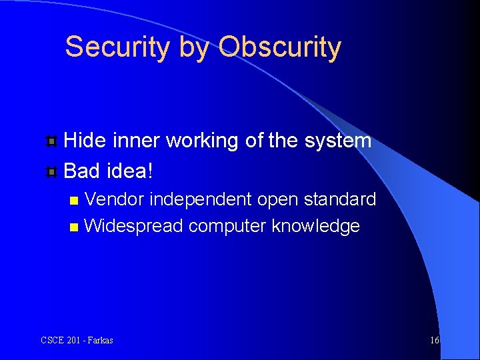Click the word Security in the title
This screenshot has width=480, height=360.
[117, 47]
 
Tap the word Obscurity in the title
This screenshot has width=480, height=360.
[279, 47]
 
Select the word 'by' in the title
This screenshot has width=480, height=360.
[194, 49]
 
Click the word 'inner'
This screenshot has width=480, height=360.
[137, 141]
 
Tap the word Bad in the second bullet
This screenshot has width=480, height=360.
[82, 171]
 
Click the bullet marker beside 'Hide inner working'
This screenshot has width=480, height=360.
[51, 141]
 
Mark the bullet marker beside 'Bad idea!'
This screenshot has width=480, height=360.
[51, 172]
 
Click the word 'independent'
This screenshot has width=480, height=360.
[199, 199]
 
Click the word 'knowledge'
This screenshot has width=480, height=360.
[315, 226]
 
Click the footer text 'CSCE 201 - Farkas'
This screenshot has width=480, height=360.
[77, 340]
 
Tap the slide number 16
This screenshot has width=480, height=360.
[435, 340]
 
